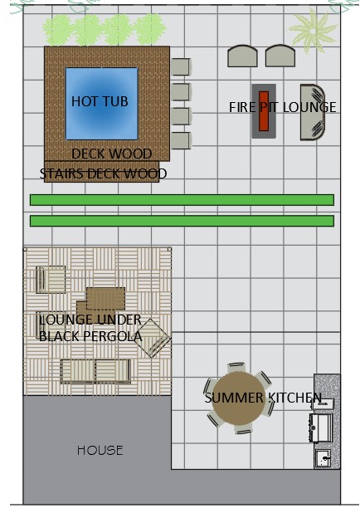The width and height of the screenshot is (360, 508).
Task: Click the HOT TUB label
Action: click(100, 101)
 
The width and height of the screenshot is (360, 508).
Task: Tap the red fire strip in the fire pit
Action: click(264, 110)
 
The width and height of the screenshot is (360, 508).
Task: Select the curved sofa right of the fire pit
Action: click(312, 112)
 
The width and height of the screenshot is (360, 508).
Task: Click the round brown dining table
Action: click(239, 398)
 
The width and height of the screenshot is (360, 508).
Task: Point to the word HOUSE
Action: click(100, 451)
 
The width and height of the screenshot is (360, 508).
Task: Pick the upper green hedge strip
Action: click(182, 200)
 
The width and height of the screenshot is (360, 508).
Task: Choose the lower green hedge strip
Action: click(182, 221)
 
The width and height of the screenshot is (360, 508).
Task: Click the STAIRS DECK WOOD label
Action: click(103, 173)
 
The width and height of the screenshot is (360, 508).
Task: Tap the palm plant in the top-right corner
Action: click(313, 30)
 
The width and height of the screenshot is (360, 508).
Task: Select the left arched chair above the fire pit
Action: click(242, 56)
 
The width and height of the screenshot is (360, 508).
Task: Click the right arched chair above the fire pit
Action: click(280, 56)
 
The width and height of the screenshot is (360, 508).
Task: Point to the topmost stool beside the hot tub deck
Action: click(181, 66)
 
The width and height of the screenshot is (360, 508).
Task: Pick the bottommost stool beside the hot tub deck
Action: click(181, 140)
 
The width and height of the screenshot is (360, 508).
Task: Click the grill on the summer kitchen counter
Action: click(321, 427)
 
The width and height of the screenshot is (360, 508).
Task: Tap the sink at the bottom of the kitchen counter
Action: click(323, 458)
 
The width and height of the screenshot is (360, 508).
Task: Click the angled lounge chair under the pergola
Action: click(153, 338)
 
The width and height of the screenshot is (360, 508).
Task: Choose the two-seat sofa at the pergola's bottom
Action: click(95, 372)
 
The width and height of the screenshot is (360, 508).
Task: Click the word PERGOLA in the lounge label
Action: click(113, 337)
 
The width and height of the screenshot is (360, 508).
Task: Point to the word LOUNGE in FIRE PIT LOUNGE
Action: click(309, 108)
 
